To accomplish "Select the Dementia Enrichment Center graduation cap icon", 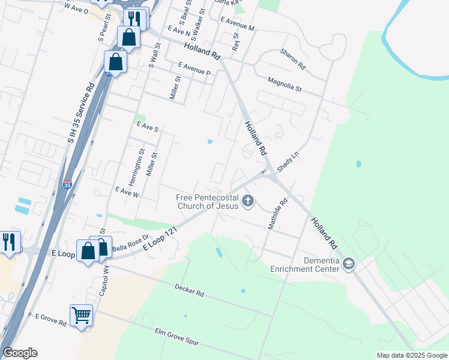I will pyautogui.click(x=349, y=263).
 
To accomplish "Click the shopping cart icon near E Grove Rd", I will pyautogui.click(x=81, y=314).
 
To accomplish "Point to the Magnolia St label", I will pyautogui.click(x=285, y=84).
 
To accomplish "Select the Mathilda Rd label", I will pyautogui.click(x=277, y=213).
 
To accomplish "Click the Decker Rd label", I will pyautogui.click(x=190, y=291).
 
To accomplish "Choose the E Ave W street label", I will pyautogui.click(x=127, y=193).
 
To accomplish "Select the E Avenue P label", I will pyautogui.click(x=194, y=68).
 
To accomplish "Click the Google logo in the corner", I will pyautogui.click(x=20, y=353).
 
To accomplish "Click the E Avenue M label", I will pyautogui.click(x=237, y=24).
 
